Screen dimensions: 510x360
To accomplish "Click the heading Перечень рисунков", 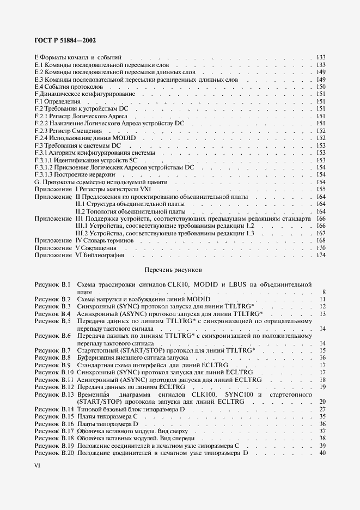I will (x=173, y=269).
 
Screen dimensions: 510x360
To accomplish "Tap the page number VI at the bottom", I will (x=38, y=465).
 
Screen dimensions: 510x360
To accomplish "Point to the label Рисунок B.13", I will (x=53, y=394).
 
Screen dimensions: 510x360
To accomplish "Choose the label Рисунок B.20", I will (x=53, y=453).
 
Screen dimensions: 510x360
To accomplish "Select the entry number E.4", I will (x=38, y=87).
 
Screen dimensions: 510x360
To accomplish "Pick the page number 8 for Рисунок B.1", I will (x=324, y=292).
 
